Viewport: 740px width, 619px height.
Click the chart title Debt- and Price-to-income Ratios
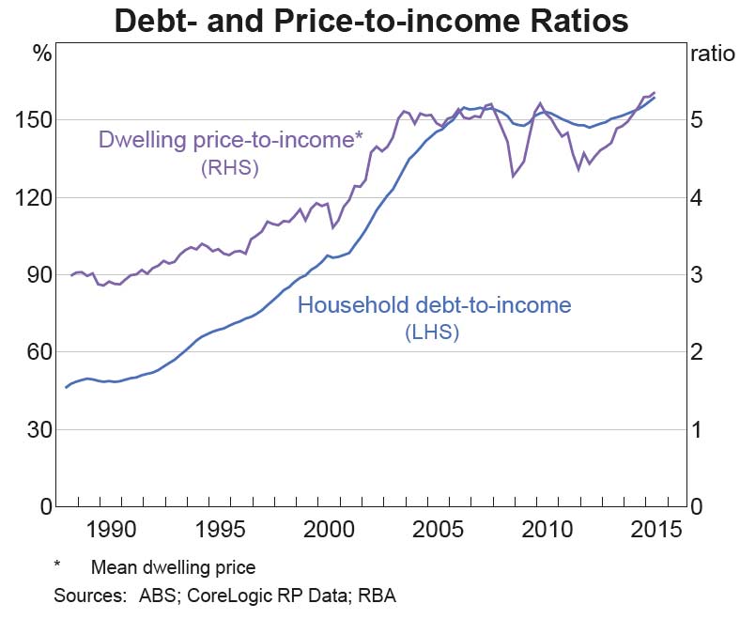coord(370,20)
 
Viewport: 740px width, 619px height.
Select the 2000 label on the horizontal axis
coord(328,529)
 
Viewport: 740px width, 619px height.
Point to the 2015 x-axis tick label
coord(653,529)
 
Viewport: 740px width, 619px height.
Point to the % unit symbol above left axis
coord(42,53)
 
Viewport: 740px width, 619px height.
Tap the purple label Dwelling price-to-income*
coord(230,142)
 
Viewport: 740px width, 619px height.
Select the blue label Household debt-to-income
coord(434,304)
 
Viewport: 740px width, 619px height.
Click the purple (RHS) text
coord(229,168)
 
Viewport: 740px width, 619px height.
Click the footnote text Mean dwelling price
coord(173,567)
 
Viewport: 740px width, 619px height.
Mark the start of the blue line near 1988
coord(66,387)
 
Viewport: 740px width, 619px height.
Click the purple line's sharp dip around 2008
coord(513,176)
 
